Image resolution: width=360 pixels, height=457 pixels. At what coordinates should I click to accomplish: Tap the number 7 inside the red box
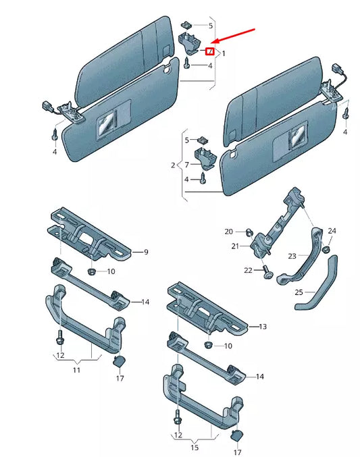coord(210,51)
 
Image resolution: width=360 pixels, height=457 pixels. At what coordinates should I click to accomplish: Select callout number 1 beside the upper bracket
coord(224,53)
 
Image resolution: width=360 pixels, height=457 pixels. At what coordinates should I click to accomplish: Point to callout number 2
coord(172,165)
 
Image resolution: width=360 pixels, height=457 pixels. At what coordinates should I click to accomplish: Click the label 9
coord(145,252)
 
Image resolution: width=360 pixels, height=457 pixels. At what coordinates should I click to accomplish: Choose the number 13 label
coord(263,327)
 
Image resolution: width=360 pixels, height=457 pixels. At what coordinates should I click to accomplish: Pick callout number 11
coord(77,371)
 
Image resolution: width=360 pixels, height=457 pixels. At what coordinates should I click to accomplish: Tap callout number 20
coord(228,232)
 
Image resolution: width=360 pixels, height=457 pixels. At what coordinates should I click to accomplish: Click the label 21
coord(235,246)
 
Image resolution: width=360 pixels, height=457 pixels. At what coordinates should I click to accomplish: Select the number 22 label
coord(248,270)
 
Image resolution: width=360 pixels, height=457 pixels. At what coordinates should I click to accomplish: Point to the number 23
coord(292,256)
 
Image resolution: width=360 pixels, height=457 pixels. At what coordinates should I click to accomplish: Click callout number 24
coord(332,232)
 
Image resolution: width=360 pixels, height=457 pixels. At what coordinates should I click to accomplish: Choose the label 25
coord(299,292)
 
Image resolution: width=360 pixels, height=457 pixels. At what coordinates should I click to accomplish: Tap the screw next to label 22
coord(266,273)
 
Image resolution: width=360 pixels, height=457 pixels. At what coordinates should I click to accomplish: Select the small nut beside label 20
coord(249,233)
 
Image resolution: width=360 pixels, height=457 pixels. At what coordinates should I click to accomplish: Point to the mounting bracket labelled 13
coord(206,308)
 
